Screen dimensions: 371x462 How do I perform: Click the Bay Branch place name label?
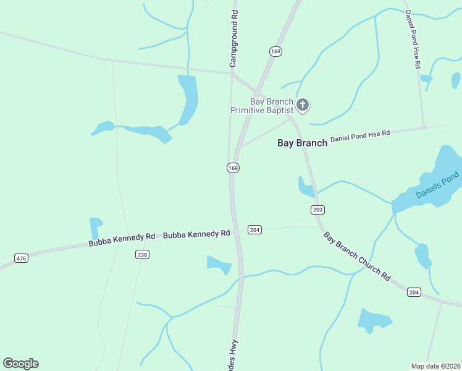coord(302,143)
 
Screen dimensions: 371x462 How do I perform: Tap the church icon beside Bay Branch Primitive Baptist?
coord(302,105)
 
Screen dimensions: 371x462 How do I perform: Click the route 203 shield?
coord(318,210)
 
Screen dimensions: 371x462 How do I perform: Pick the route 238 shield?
coord(143,254)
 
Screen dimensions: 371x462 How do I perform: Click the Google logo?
coord(20,364)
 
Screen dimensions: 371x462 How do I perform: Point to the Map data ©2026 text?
coord(436,365)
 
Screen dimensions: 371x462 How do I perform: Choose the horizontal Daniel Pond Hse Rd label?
coord(360,137)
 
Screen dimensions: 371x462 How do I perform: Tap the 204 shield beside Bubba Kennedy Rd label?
coord(254,229)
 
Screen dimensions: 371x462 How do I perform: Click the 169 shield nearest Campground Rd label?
coord(275,51)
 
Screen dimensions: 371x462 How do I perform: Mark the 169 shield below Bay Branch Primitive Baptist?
coord(233,168)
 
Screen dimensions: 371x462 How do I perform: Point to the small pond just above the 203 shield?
coord(306,187)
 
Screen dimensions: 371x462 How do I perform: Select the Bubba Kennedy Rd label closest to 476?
coord(121,240)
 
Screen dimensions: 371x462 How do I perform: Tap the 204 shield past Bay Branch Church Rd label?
coord(414,292)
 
